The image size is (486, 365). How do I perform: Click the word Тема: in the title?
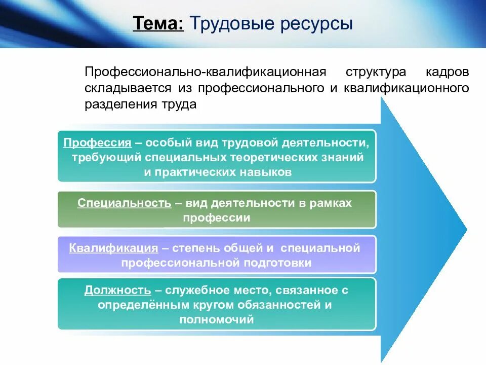pyautogui.click(x=158, y=24)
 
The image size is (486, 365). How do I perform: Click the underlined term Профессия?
pyautogui.click(x=98, y=142)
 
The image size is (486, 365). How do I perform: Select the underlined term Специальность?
pyautogui.click(x=124, y=203)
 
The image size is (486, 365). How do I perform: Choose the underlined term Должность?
pyautogui.click(x=117, y=290)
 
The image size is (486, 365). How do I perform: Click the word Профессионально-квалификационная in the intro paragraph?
pyautogui.click(x=206, y=71)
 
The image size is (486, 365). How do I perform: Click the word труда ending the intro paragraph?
pyautogui.click(x=180, y=105)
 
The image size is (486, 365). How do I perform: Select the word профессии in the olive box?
pyautogui.click(x=217, y=218)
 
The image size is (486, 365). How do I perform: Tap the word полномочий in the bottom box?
pyautogui.click(x=216, y=320)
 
